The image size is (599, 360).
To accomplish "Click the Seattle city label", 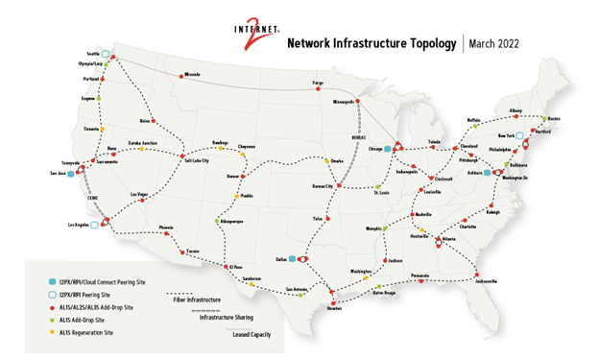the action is [94, 54].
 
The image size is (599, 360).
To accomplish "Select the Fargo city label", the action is [319, 84].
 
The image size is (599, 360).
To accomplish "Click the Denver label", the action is [231, 177].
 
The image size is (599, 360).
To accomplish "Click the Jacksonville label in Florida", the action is [486, 281].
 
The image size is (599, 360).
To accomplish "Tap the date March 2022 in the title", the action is [498, 43].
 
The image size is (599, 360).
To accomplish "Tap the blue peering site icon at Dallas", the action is [292, 257].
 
